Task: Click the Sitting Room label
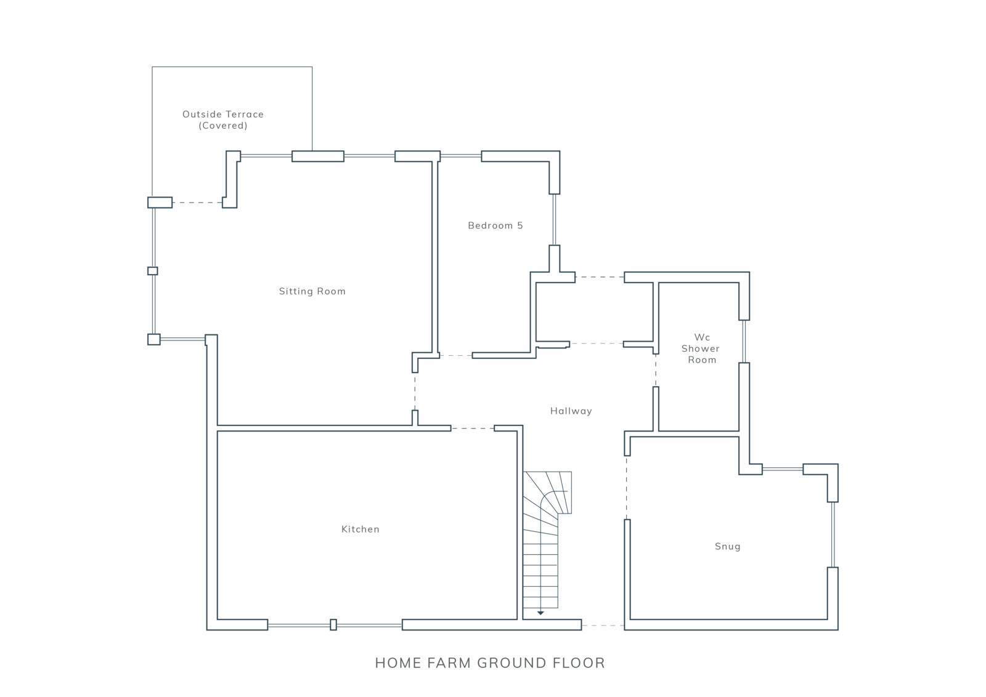[312, 291]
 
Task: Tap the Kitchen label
[361, 529]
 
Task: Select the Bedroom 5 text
[495, 225]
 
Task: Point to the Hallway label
[571, 411]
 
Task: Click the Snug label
[728, 547]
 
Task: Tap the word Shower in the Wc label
[700, 348]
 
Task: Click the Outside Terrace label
[223, 115]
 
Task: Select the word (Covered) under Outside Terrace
[223, 126]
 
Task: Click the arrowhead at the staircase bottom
[540, 613]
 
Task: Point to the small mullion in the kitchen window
[333, 624]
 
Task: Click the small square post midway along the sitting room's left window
[152, 271]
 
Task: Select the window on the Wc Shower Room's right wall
[744, 341]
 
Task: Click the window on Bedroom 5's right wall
[554, 219]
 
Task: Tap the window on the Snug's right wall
[833, 534]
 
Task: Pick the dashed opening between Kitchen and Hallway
[472, 429]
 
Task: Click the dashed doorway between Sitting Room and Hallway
[415, 392]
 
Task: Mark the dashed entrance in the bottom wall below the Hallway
[603, 625]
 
